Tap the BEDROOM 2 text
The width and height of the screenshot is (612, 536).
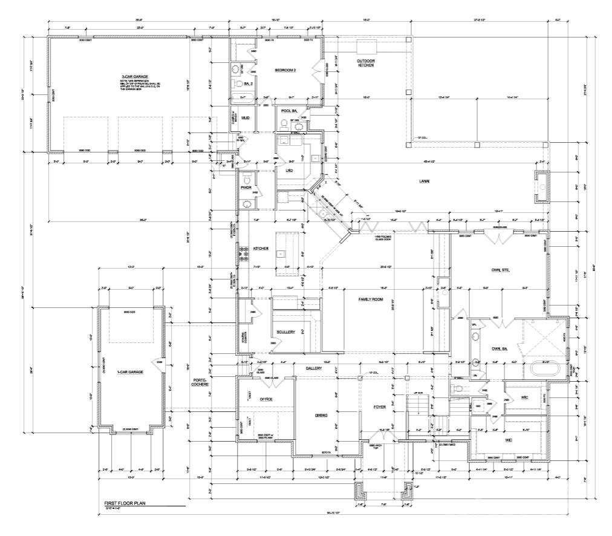coord(285,70)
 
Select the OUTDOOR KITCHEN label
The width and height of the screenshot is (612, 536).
coord(365,63)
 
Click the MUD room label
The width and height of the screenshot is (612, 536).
coord(246,117)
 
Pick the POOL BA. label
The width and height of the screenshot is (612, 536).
coord(288,111)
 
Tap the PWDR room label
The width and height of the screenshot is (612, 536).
coord(246,188)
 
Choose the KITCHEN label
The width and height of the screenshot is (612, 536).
coord(261,249)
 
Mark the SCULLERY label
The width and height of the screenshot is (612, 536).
coord(285,332)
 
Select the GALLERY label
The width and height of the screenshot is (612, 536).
coord(313,368)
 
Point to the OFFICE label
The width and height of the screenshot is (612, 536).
coord(265,399)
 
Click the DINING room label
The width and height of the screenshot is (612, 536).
coord(321,415)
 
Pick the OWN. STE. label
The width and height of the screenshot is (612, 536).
coord(500,270)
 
